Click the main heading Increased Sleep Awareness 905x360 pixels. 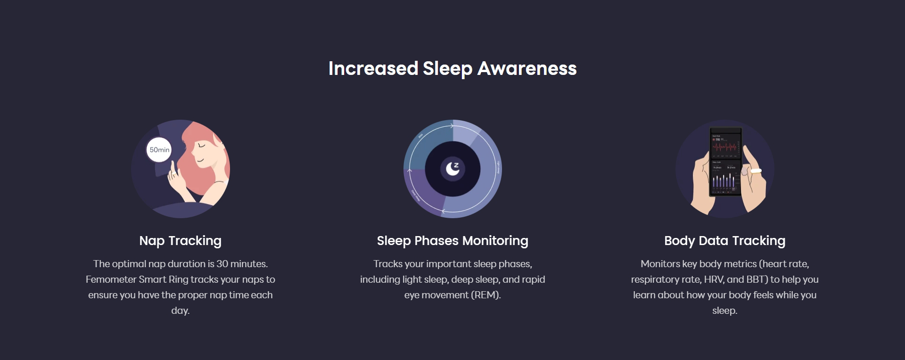452,69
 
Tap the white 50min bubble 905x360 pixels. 159,150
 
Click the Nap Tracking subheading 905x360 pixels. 180,241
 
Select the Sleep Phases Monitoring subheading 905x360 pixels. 452,241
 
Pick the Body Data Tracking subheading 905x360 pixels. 724,241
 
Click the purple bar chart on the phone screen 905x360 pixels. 724,181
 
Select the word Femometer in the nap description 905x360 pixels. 111,279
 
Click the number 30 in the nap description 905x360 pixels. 222,264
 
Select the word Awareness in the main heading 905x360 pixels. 527,69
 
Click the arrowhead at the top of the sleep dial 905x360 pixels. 452,126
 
